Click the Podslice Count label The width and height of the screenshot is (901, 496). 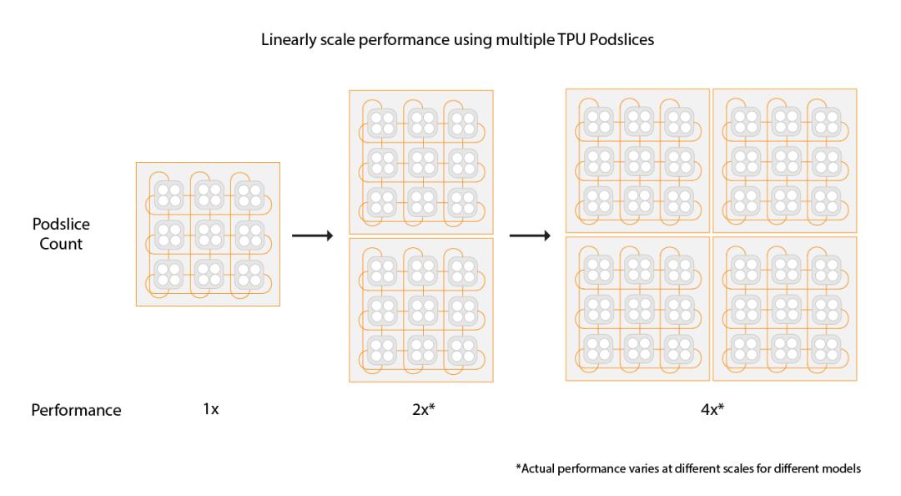61,234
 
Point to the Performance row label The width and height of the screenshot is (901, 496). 76,410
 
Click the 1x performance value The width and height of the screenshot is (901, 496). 211,409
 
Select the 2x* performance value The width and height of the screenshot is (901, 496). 424,409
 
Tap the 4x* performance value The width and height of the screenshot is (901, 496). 712,409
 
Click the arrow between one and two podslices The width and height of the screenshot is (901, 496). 313,235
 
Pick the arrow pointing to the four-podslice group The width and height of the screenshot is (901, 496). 530,235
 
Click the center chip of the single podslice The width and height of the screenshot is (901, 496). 209,235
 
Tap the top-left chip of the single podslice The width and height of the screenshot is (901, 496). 169,195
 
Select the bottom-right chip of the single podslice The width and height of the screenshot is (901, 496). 249,275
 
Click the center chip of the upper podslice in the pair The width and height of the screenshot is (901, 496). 422,163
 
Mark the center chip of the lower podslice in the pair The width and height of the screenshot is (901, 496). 422,311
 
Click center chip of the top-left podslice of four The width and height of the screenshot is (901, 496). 638,162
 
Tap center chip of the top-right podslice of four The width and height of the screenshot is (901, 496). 786,162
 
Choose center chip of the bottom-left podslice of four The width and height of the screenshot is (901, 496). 638,310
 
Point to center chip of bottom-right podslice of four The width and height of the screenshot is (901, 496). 786,310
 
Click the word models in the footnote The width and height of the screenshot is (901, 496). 843,468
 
